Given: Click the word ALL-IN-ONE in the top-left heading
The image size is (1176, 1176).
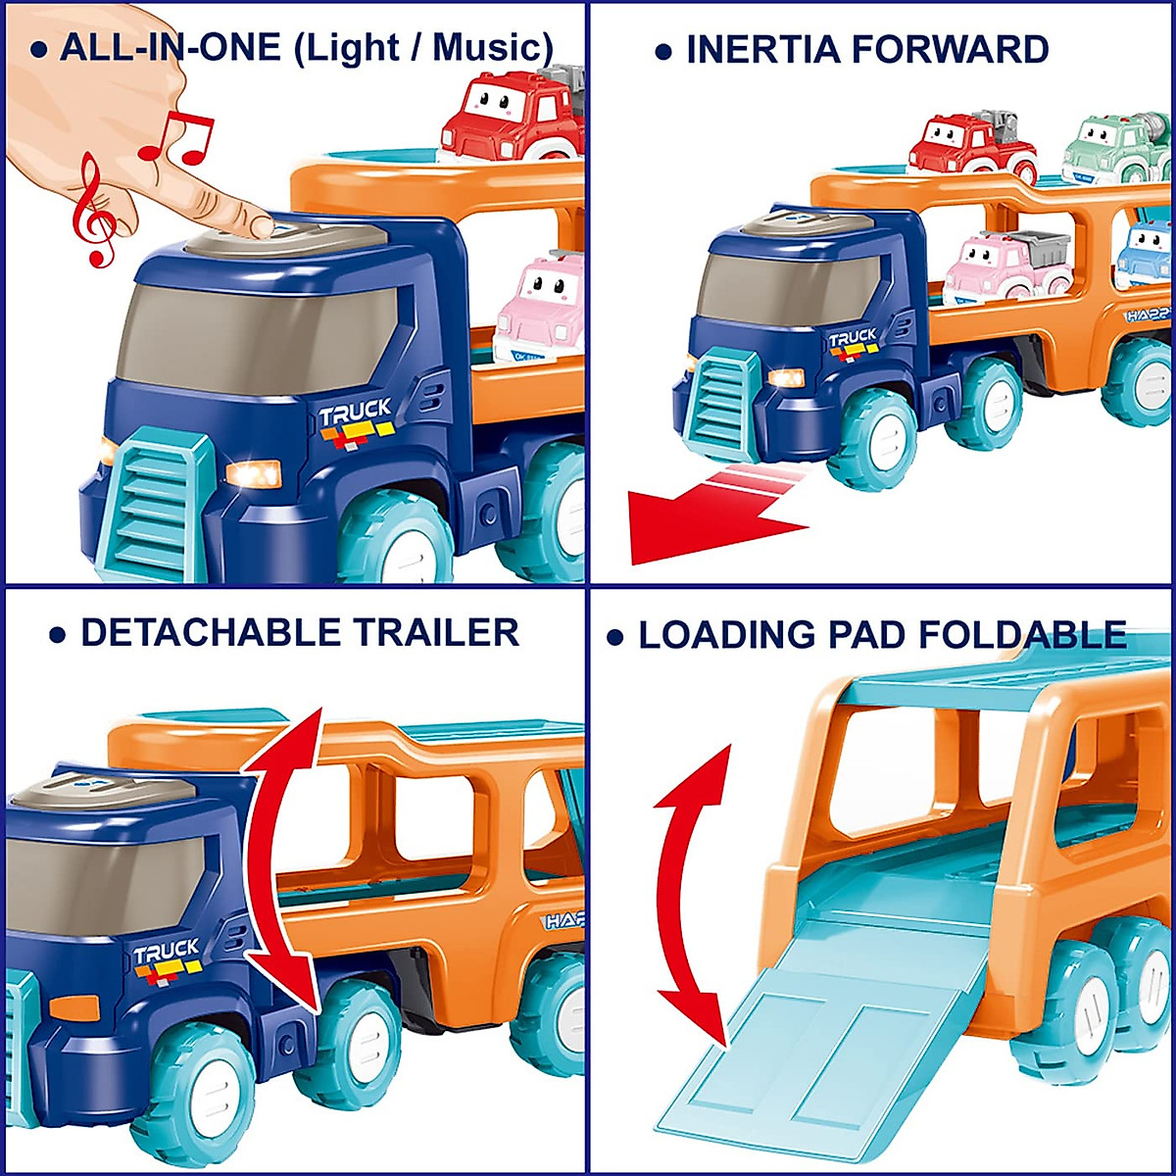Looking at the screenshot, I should (x=171, y=47).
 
